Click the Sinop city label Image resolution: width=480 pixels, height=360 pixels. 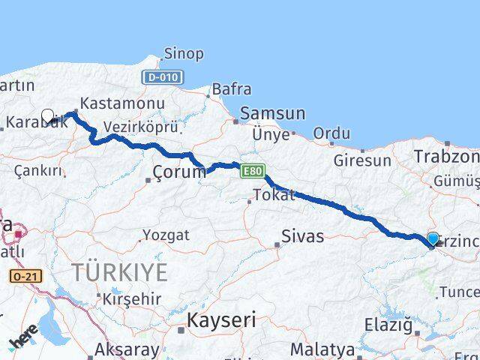[x=184, y=53]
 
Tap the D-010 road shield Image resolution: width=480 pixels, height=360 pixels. [x=160, y=77]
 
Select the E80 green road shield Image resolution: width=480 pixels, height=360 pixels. [x=253, y=172]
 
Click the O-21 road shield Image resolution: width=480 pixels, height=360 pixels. [x=25, y=277]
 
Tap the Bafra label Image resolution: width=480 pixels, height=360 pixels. [x=232, y=89]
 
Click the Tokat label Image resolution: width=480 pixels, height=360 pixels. [x=274, y=196]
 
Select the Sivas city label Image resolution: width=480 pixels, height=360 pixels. [x=302, y=237]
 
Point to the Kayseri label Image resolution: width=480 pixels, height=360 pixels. [x=221, y=320]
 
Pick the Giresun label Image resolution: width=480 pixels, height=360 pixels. [x=363, y=160]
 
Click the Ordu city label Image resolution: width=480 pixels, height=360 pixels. [x=331, y=133]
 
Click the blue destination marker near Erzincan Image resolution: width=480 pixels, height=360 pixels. [x=433, y=239]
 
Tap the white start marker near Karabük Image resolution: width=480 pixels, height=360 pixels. [x=48, y=116]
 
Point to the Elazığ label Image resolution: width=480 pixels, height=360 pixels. [x=388, y=326]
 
